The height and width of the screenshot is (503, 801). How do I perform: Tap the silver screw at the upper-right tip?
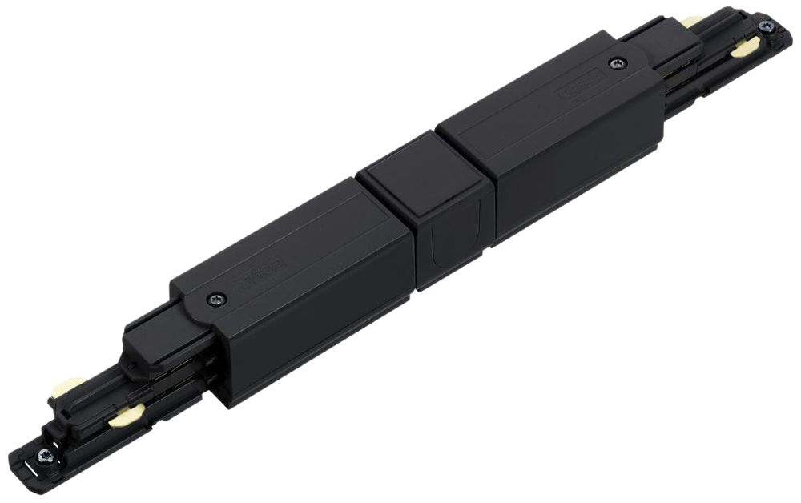[766, 26]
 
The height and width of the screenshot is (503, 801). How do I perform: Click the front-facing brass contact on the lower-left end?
[127, 414]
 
